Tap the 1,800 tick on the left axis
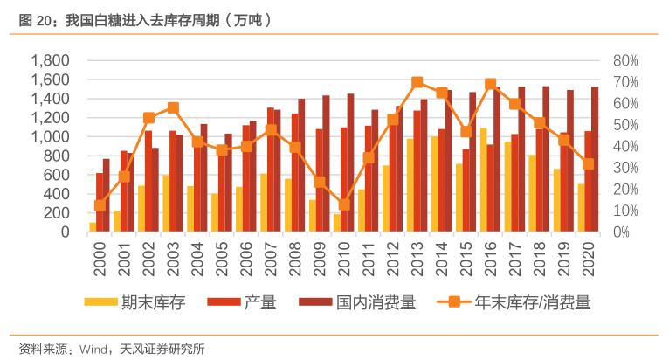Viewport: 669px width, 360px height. point(50,61)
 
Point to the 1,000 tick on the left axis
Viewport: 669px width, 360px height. point(50,137)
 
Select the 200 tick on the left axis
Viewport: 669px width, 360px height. point(56,213)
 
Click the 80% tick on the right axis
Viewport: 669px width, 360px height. point(626,61)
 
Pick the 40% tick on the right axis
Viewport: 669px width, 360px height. point(626,147)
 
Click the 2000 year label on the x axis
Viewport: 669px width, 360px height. point(100,258)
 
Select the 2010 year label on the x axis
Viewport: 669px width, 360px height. point(344,258)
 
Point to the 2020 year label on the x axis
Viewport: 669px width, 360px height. point(589,258)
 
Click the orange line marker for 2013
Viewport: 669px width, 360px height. point(417,82)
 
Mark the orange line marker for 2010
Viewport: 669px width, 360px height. point(344,204)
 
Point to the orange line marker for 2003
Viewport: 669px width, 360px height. point(173,108)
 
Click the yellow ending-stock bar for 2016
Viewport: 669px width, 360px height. point(483,180)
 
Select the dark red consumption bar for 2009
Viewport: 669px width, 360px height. point(326,163)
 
